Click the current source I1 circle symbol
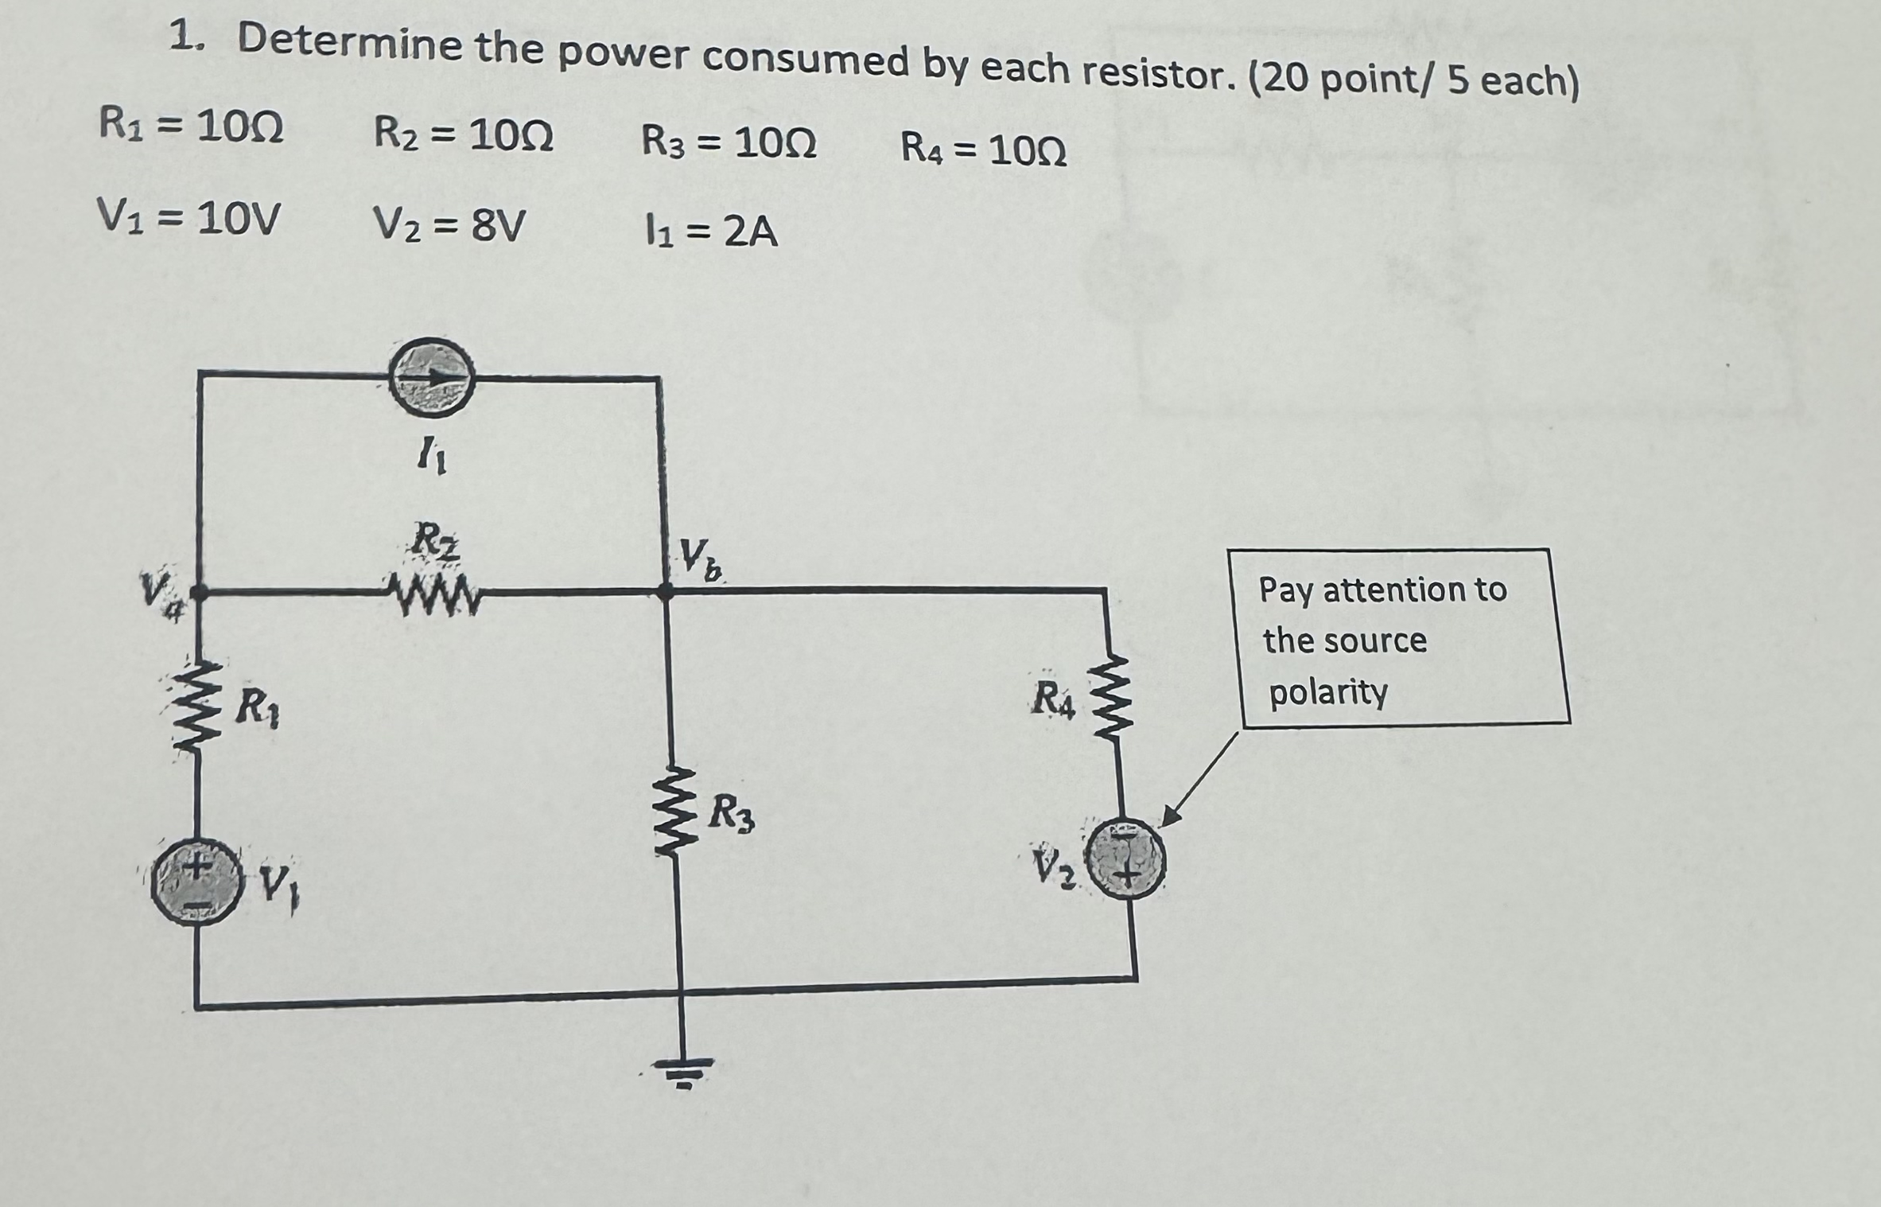[x=431, y=379]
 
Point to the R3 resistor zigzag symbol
[x=673, y=812]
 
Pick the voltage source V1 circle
[x=196, y=886]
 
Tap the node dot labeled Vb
[x=666, y=591]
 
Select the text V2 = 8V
[x=449, y=226]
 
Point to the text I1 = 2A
[x=709, y=232]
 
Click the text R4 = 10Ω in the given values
[x=983, y=150]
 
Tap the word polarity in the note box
[x=1327, y=692]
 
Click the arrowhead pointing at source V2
[x=1170, y=817]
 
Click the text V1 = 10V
[x=188, y=217]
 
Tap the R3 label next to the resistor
[x=731, y=813]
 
